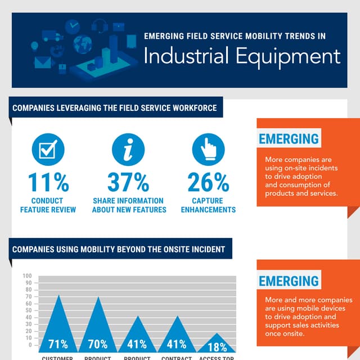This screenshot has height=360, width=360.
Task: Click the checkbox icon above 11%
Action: (48, 150)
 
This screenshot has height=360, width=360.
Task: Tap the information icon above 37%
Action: (128, 150)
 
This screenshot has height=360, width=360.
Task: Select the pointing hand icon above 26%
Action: (208, 150)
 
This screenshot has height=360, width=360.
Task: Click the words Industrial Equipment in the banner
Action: (242, 56)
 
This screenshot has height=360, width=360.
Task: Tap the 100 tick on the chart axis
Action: (27, 276)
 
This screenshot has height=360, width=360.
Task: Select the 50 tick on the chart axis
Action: (28, 310)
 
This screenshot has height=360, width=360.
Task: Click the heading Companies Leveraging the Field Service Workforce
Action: (115, 108)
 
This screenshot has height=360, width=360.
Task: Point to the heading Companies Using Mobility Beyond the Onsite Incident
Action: (119, 249)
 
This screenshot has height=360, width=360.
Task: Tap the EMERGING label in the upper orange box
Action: (289, 139)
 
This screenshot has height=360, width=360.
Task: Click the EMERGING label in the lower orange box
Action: (289, 281)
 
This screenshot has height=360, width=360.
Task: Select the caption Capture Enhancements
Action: (208, 205)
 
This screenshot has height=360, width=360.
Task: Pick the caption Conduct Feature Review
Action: (49, 205)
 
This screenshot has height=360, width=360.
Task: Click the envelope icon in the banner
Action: (43, 62)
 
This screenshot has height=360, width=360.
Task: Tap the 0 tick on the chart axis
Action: (29, 345)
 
